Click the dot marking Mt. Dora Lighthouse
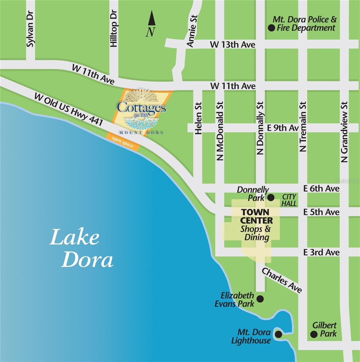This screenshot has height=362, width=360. click(x=278, y=334)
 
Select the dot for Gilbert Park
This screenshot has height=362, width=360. click(x=314, y=334)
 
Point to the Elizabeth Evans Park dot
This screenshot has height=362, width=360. click(x=260, y=299)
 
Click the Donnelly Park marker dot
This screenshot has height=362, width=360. click(x=271, y=198)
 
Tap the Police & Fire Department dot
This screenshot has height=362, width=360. click(x=271, y=28)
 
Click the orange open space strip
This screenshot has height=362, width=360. click(x=123, y=141)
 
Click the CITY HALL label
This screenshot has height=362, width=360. click(x=289, y=200)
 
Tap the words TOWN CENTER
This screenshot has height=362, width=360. click(x=257, y=216)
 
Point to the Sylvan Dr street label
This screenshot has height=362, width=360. click(x=30, y=29)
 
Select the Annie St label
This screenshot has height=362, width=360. click(x=192, y=31)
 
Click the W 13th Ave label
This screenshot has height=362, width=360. click(x=233, y=45)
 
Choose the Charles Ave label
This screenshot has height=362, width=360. click(x=282, y=280)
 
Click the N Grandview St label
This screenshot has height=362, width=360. click(x=344, y=132)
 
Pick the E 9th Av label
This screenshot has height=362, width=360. click(x=283, y=128)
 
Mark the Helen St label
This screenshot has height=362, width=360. click(x=198, y=118)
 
